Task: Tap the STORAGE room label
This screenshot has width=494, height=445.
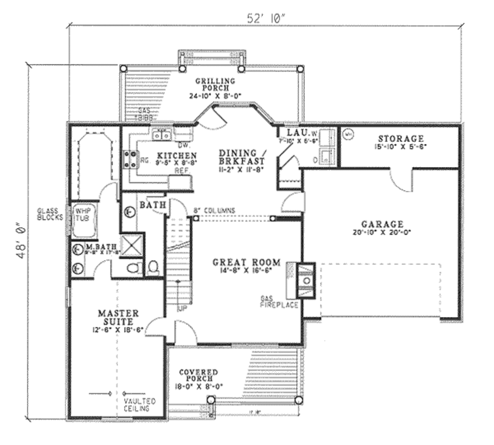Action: click(x=400, y=139)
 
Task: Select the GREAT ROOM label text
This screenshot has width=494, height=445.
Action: click(x=247, y=263)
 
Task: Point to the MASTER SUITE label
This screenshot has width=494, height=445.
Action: click(x=118, y=317)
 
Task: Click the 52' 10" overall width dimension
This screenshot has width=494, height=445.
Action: click(x=266, y=18)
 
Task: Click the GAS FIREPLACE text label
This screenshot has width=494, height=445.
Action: click(x=279, y=302)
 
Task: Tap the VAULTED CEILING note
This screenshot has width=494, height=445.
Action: click(x=139, y=404)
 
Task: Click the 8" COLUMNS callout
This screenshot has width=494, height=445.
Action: click(x=214, y=210)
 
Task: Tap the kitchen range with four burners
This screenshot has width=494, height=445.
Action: click(x=129, y=159)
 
